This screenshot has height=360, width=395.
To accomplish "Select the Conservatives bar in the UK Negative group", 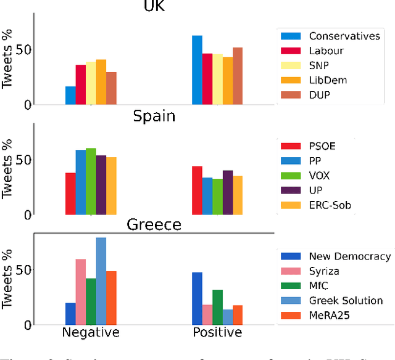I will coord(70,96).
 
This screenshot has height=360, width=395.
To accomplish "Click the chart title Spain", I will coord(154,117).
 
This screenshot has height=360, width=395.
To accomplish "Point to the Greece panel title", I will coord(154,224).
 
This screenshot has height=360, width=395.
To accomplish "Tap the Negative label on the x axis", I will coord(91,333).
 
